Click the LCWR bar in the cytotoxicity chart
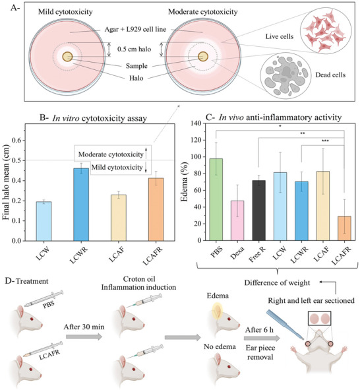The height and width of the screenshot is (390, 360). (81, 205)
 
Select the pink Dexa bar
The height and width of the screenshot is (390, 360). (237, 220)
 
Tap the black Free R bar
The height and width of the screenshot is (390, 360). (258, 211)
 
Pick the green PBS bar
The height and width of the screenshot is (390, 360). (216, 199)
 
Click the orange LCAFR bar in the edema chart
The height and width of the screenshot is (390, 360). (344, 228)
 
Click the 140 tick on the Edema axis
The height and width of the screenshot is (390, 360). (196, 123)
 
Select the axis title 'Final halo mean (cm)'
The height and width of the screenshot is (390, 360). (6, 183)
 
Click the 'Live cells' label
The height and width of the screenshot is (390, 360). (280, 36)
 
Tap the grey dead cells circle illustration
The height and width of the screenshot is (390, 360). (285, 76)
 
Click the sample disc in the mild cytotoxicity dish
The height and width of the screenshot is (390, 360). (67, 57)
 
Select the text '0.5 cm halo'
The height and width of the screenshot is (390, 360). (134, 49)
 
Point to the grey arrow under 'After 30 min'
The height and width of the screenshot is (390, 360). (84, 337)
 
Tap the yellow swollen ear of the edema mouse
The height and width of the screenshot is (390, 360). (217, 311)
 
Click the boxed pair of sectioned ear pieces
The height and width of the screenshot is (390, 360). (320, 319)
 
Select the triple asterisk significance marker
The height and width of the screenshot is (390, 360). (325, 141)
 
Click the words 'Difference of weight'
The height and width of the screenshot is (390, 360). (277, 283)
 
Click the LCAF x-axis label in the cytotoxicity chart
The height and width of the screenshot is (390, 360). (117, 254)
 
